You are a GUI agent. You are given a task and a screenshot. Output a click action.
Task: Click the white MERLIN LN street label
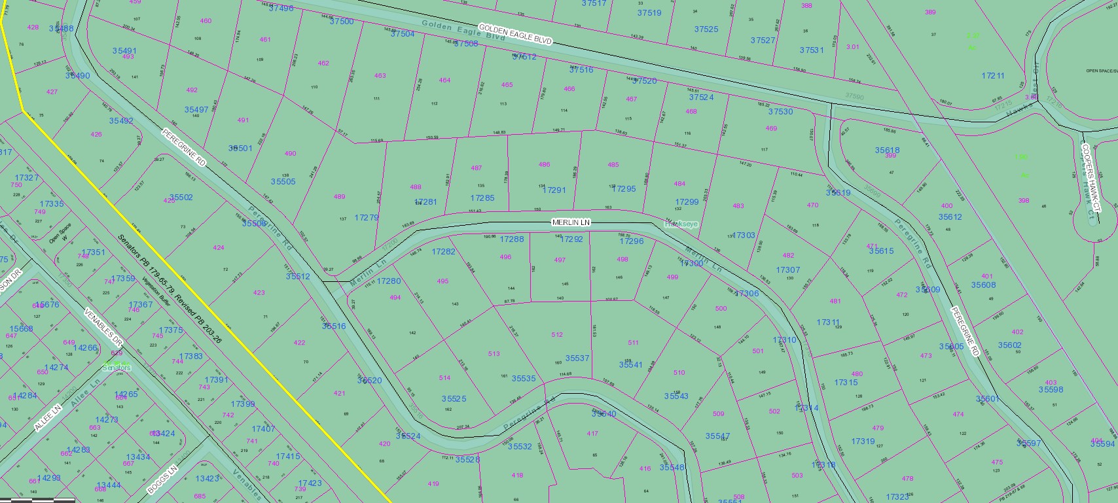coord(571,223)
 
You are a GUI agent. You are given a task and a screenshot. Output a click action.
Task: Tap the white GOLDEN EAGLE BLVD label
coord(514,34)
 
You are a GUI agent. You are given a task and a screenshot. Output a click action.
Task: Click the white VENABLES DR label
coord(104,327)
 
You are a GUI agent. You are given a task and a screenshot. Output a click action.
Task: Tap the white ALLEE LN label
coord(48,417)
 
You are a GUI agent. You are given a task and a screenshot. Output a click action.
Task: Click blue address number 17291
coord(554,190)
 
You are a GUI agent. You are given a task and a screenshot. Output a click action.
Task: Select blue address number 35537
coord(577,358)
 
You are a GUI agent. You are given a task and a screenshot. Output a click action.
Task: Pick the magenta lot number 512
coord(557,334)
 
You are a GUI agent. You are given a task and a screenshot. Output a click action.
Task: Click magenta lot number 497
coord(560,260)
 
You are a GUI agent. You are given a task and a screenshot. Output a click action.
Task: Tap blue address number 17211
coord(992,76)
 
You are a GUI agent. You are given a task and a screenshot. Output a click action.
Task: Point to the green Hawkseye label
coord(681,224)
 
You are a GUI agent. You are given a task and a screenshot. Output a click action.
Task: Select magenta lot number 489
coord(339,196)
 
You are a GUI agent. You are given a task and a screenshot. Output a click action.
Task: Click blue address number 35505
coord(283,182)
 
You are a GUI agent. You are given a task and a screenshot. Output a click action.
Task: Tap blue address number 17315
coord(846,383)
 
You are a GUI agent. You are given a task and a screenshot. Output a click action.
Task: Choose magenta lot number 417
coord(592,433)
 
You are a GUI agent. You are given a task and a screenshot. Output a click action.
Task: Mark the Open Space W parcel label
coord(60,234)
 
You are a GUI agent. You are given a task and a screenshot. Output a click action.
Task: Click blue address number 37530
coord(780,112)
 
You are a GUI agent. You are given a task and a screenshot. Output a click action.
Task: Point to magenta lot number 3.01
coord(852,47)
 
